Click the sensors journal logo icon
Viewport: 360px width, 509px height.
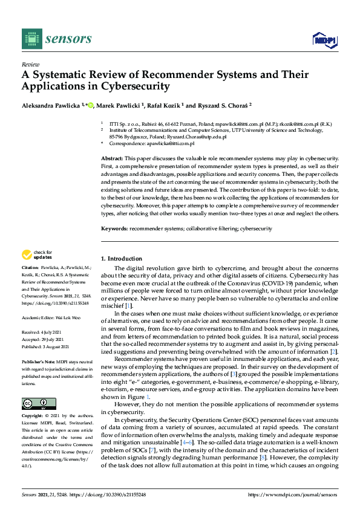[30, 39]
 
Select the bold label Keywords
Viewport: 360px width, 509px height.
[114, 229]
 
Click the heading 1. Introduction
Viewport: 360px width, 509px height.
[122, 258]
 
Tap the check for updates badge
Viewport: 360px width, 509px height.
[36, 255]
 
